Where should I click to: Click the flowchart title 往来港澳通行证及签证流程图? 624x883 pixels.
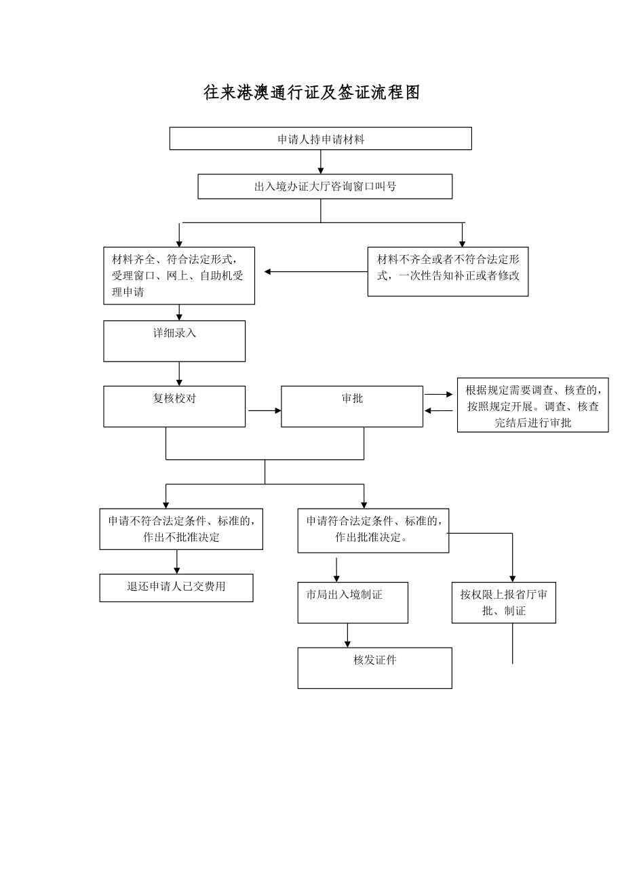[x=312, y=93]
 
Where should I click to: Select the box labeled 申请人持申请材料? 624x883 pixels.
[x=320, y=138]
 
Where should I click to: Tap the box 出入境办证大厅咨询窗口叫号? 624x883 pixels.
[x=325, y=187]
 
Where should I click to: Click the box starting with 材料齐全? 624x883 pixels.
[x=179, y=275]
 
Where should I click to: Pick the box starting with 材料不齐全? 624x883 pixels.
[x=448, y=271]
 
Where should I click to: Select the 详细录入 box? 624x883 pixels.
[x=174, y=340]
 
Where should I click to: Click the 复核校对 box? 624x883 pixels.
[x=174, y=406]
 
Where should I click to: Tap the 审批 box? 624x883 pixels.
[x=352, y=406]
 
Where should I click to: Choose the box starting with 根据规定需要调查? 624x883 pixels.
[x=532, y=405]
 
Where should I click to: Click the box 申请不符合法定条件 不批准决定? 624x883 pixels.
[x=181, y=529]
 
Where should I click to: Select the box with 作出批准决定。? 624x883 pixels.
[x=373, y=530]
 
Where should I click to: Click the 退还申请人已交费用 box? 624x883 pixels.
[x=176, y=587]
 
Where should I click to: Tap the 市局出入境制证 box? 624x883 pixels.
[x=353, y=602]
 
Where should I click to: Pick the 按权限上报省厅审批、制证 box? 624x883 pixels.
[x=504, y=602]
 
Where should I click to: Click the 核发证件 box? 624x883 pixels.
[x=374, y=667]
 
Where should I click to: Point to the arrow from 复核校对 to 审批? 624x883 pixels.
[x=265, y=410]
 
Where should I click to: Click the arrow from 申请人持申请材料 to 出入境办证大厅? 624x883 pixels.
[x=321, y=162]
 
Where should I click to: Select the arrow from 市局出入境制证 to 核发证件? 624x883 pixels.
[x=347, y=635]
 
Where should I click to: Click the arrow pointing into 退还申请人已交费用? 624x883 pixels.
[x=177, y=562]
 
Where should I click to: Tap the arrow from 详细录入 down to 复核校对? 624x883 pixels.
[x=179, y=374]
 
